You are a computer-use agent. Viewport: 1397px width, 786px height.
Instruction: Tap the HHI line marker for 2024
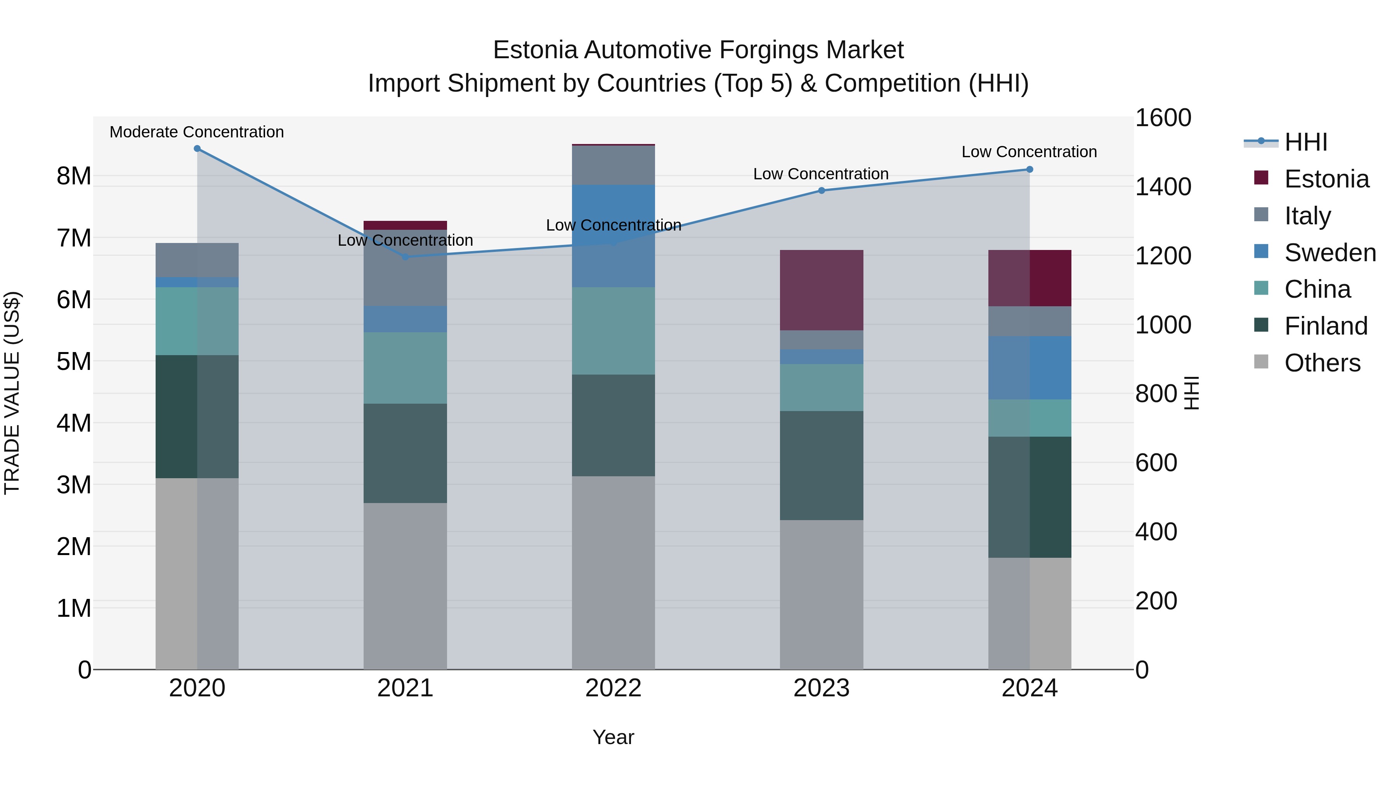1029,169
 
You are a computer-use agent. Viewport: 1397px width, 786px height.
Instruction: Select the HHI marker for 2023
821,191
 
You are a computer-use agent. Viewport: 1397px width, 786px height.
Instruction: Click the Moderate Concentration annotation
196,132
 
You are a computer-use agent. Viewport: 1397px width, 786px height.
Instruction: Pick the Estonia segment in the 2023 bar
821,290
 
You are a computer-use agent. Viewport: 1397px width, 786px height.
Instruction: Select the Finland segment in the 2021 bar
405,453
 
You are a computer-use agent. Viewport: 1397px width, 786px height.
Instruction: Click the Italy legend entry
1307,215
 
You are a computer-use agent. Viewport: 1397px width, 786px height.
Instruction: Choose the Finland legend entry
1326,326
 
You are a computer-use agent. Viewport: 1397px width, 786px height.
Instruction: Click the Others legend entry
1322,363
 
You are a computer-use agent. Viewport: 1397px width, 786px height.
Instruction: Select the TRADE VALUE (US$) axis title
12,393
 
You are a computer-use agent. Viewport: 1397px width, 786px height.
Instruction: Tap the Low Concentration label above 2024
1029,152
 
